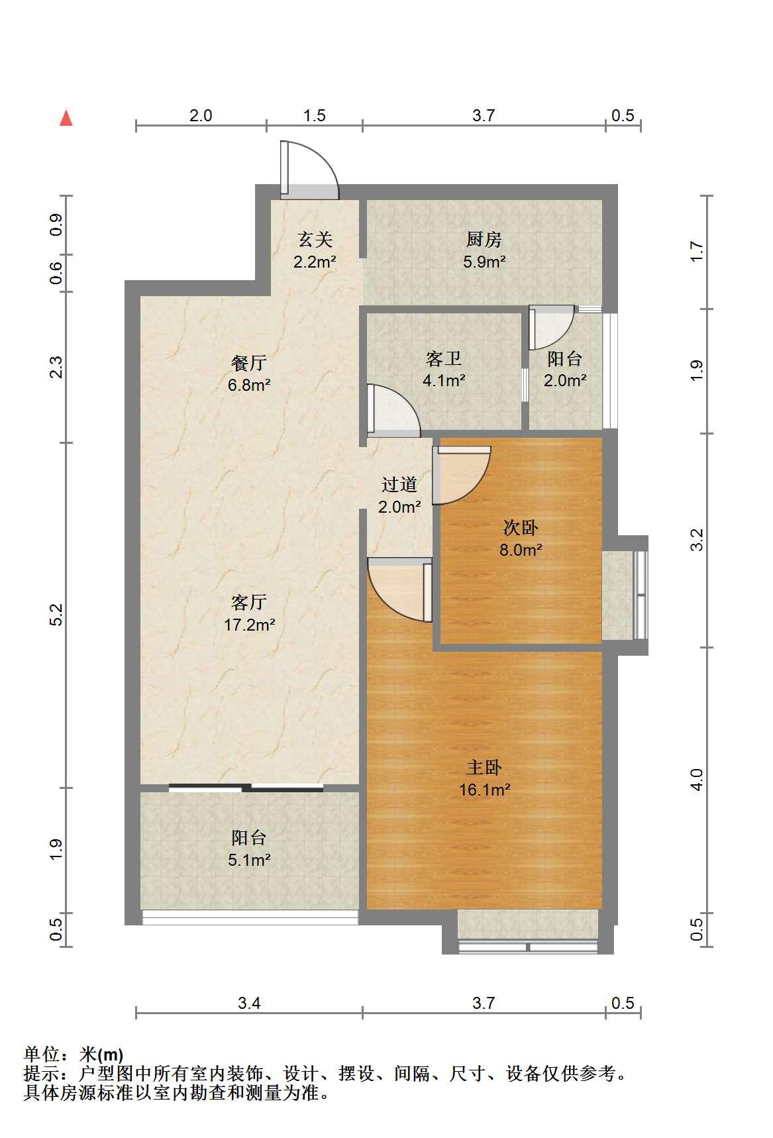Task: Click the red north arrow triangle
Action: click(66, 118)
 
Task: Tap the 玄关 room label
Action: click(315, 250)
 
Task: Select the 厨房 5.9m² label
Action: click(484, 250)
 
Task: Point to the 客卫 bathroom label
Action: click(444, 369)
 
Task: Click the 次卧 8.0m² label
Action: click(521, 539)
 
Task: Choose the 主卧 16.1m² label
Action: click(484, 778)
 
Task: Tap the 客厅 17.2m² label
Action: click(249, 613)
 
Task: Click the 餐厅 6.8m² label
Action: click(249, 373)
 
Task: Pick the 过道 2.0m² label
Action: click(399, 495)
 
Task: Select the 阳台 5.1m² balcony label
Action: click(249, 849)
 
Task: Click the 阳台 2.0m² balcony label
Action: click(565, 369)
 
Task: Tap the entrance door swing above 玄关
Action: click(309, 170)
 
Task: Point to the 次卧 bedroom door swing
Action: click(461, 475)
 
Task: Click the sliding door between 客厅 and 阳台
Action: click(246, 788)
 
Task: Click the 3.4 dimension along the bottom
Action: click(249, 1003)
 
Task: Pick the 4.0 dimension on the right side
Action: click(696, 779)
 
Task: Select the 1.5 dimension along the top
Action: click(315, 115)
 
